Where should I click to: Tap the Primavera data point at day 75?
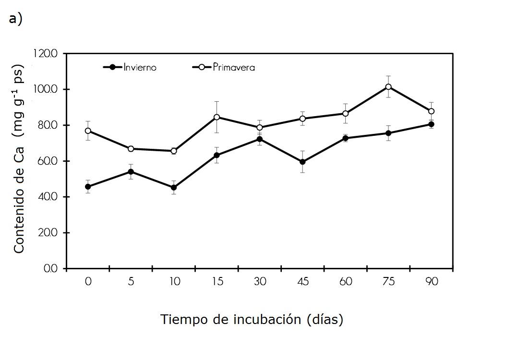pos(388,87)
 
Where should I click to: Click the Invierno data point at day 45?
pos(302,162)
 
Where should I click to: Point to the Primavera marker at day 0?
pos(88,131)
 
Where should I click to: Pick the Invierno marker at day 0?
pos(88,187)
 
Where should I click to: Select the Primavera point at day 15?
pos(217,117)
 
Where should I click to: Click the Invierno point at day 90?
pos(431,124)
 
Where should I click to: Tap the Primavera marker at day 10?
pos(174,151)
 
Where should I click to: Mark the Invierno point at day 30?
pos(260,139)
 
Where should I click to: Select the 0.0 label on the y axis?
pos(50,269)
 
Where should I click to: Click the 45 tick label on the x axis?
pos(302,282)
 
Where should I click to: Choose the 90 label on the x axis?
pos(431,282)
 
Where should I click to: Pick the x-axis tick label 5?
pos(131,282)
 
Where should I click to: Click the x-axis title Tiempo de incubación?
pos(252,319)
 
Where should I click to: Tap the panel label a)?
pos(15,19)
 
